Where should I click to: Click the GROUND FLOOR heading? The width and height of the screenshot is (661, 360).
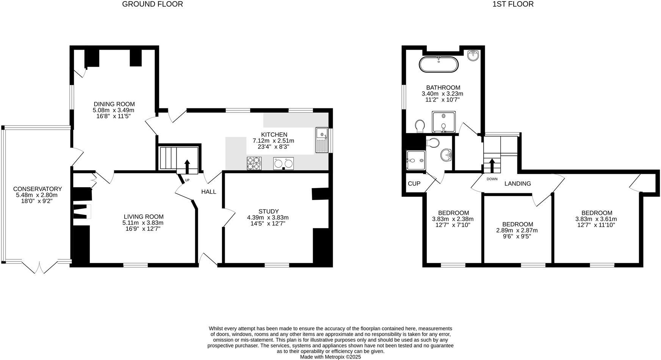coord(152,4)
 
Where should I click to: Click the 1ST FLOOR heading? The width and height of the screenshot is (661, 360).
coord(513,4)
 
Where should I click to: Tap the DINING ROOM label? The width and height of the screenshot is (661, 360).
coord(114,104)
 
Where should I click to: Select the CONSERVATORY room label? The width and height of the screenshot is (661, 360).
coord(38,189)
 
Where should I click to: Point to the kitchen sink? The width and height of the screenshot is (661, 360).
coord(322,140)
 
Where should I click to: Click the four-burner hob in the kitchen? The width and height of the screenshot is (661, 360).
coord(254,163)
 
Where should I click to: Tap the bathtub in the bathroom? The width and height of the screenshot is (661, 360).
coord(439,64)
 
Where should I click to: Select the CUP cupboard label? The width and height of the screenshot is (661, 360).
coord(414,184)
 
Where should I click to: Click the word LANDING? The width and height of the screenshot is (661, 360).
coord(517,184)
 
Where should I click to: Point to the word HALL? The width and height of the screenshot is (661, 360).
coord(208,192)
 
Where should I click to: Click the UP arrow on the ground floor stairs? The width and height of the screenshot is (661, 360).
coord(187,166)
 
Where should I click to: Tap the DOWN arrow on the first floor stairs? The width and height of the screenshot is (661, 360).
coord(492,165)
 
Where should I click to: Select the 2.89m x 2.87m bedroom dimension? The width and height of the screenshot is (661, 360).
coord(517,230)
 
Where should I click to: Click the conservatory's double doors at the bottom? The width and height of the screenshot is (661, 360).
coord(39,267)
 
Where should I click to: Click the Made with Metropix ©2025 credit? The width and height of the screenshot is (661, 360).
coord(330,357)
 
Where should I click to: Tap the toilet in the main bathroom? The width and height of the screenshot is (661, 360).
coord(420,126)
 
